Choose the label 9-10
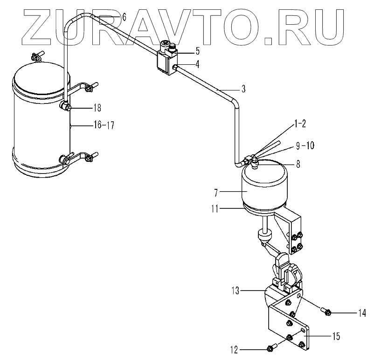(x=305, y=145)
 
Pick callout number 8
(x=298, y=164)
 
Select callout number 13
(x=237, y=291)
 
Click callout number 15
(x=336, y=336)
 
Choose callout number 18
(x=97, y=108)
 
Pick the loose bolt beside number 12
(x=272, y=347)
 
